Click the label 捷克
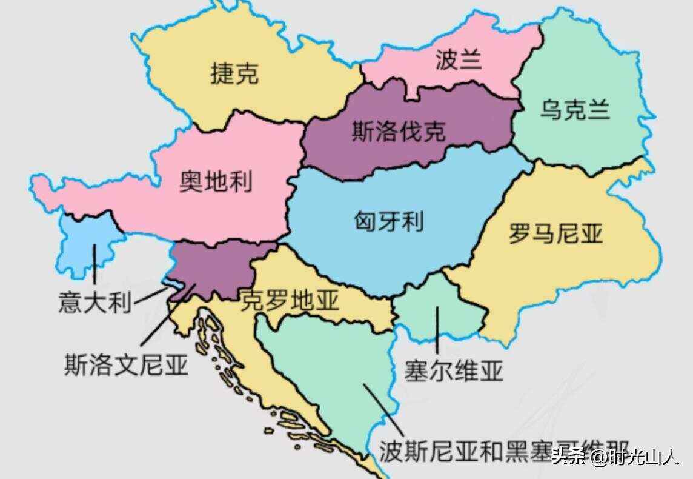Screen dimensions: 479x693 [234, 74]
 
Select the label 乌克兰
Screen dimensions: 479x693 [575, 111]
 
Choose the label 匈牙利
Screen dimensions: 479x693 [388, 221]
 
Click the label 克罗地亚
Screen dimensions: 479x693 [290, 300]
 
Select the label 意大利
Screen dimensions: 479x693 [94, 302]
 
